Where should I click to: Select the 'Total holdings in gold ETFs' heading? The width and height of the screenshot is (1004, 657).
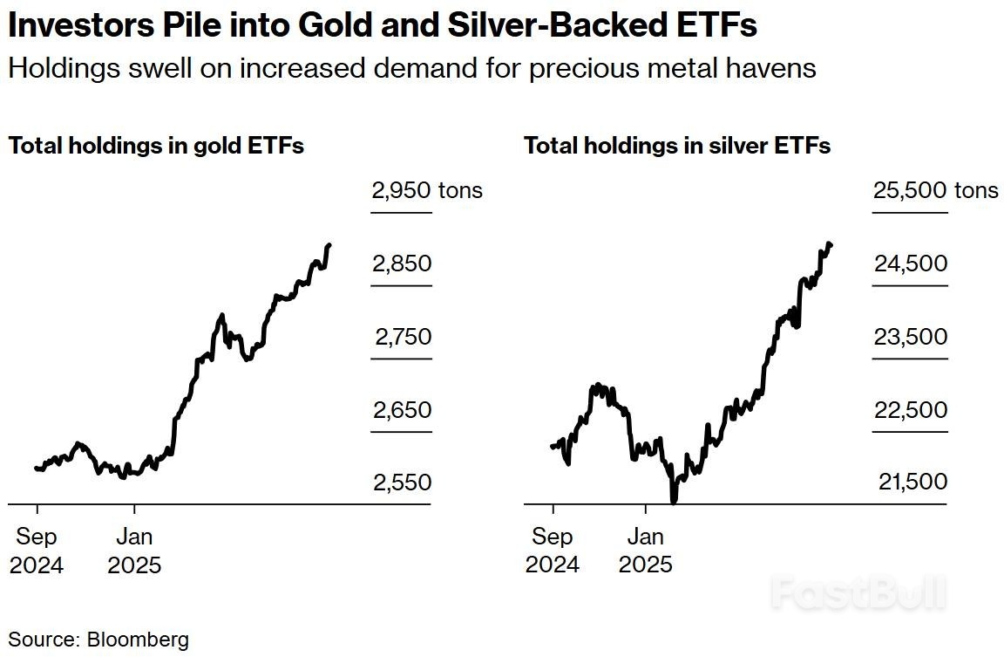click(156, 146)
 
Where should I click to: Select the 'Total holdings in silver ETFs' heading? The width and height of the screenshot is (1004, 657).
click(677, 146)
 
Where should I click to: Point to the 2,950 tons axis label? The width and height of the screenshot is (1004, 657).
click(426, 190)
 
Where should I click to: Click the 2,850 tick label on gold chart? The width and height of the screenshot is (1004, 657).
click(401, 263)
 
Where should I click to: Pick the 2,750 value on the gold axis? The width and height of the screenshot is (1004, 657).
click(403, 337)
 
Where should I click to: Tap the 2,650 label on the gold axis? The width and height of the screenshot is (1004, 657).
click(401, 410)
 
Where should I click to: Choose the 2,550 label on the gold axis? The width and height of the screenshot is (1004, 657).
click(401, 482)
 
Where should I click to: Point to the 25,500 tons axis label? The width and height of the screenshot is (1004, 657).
click(935, 190)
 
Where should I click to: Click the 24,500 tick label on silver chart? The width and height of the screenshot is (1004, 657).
click(910, 263)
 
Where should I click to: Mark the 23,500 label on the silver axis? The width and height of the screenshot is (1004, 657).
click(910, 337)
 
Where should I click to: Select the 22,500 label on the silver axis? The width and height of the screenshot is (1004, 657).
click(910, 410)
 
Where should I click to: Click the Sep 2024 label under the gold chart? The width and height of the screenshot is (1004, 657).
click(37, 551)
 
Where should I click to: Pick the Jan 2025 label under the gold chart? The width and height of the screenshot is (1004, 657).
click(134, 551)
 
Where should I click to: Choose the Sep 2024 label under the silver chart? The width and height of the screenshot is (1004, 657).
click(552, 551)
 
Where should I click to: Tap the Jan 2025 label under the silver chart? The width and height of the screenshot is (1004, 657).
click(646, 551)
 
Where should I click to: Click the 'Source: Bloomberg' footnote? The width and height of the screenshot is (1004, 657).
click(98, 639)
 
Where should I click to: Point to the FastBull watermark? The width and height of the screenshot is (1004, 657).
click(858, 593)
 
